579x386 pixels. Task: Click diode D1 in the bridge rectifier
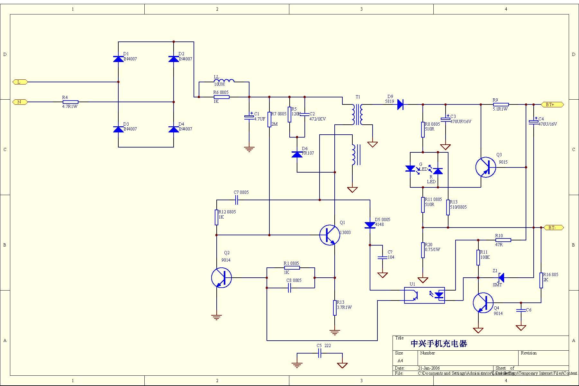pos(118,59)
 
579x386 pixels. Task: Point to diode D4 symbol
pos(174,129)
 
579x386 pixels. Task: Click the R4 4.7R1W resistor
pos(70,102)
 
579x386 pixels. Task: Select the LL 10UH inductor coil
pos(224,81)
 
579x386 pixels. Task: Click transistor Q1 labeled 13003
pos(330,235)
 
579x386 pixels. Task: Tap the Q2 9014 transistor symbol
pos(222,278)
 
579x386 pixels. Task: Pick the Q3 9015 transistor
pos(485,167)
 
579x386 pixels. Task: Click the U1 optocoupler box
pos(424,295)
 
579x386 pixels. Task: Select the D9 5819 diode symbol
pos(400,104)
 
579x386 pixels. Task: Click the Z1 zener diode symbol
pos(501,277)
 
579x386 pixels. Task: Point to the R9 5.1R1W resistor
pos(501,104)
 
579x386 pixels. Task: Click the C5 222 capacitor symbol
pos(320,354)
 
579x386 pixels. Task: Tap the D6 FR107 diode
pos(297,154)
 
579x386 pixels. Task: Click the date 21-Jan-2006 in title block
pos(429,368)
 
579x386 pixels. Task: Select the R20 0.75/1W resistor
pos(423,250)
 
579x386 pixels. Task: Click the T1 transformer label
pos(358,97)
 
